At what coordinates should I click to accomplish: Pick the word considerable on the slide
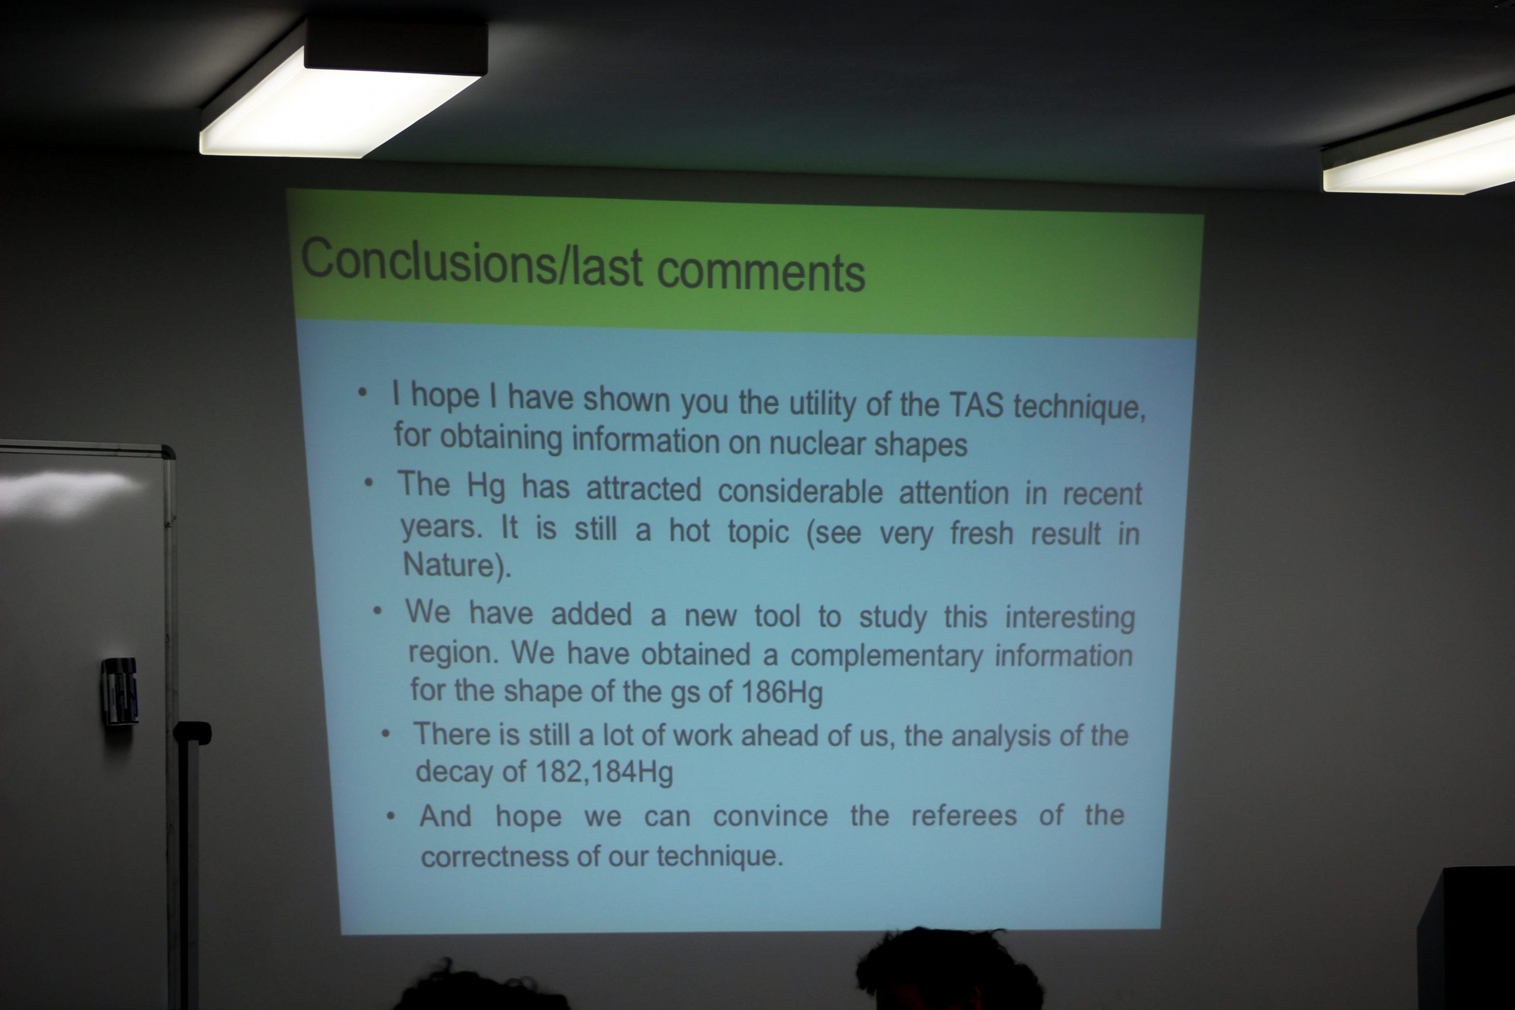800,492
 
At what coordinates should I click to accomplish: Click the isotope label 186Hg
782,692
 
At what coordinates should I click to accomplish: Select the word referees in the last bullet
964,815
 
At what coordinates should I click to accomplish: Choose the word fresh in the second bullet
982,533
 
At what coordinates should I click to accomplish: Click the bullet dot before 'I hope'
363,392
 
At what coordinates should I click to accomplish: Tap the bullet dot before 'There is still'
385,734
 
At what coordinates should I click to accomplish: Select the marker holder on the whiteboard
120,691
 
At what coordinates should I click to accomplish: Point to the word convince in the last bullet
771,816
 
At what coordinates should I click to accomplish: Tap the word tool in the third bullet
777,616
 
